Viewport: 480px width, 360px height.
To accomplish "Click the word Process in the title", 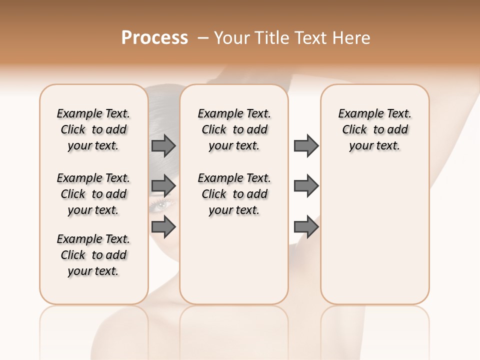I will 154,38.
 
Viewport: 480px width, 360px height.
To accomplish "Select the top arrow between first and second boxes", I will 163,146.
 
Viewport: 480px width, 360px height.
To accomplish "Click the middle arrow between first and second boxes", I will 163,186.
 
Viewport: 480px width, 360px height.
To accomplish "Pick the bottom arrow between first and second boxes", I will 163,226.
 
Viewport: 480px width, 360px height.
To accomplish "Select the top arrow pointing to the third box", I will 306,146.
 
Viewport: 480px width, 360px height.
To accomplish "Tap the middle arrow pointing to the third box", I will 306,186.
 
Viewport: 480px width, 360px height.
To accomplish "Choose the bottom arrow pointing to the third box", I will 306,226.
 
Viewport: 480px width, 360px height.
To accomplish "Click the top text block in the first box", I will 93,129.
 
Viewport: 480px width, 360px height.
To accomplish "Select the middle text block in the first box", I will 93,194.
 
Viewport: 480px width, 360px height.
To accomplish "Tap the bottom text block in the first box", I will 93,255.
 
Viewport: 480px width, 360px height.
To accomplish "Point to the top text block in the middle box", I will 234,129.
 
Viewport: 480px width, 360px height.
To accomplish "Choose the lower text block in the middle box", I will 234,194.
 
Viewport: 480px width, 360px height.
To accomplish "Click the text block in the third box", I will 374,129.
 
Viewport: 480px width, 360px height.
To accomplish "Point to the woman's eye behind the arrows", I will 163,204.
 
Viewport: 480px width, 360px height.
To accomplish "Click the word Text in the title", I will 310,38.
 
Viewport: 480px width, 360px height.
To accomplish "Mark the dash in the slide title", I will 202,38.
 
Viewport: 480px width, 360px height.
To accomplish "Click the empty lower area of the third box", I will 374,235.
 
